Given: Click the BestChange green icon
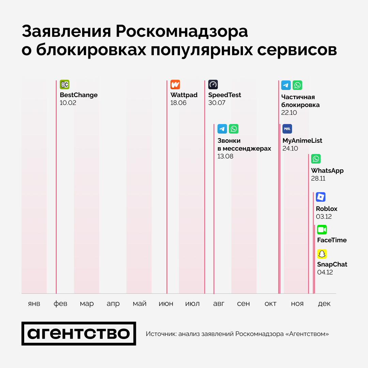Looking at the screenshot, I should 64,85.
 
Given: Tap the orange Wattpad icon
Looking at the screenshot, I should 175,85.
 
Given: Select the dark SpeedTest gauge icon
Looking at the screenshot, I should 213,85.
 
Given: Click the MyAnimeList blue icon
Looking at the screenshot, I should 287,129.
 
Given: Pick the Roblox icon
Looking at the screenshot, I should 321,197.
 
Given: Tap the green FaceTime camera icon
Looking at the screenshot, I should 322,230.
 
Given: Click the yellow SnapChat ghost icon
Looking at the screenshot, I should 322,254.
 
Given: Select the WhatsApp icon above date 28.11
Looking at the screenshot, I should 316,159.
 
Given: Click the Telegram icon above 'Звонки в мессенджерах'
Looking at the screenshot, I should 222,129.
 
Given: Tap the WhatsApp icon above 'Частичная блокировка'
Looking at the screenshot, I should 297,85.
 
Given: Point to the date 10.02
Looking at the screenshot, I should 68,103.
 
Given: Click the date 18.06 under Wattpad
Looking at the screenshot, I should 179,103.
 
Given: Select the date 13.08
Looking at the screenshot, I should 225,156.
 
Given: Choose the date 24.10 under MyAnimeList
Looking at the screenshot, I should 290,149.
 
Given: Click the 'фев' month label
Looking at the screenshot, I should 60,304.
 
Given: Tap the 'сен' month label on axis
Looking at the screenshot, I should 243,304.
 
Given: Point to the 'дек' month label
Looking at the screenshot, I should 324,304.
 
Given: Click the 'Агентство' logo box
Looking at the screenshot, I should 79,334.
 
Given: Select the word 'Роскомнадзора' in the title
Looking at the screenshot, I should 182,32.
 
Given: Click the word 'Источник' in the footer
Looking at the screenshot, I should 160,334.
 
